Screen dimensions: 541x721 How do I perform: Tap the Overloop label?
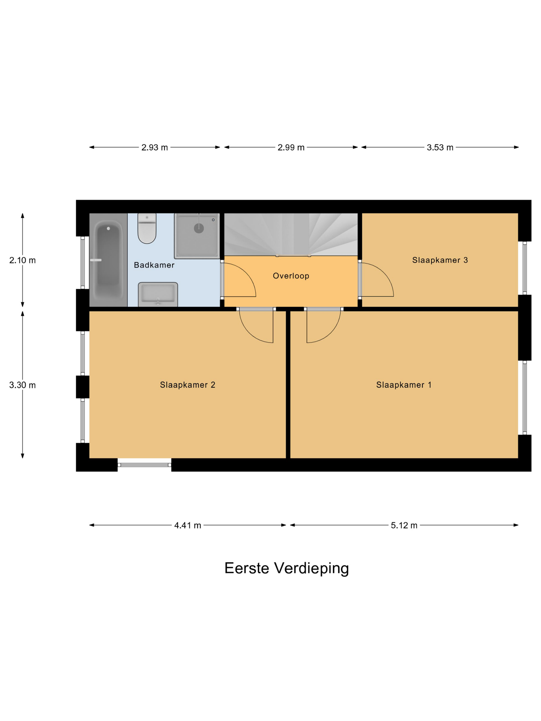click(291, 276)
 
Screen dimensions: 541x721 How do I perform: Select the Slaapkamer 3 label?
click(440, 260)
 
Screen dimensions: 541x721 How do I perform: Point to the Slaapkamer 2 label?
click(188, 385)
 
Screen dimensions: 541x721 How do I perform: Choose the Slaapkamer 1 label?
click(404, 385)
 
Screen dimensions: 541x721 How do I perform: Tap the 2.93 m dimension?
click(155, 148)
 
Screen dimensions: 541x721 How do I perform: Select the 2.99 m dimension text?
click(291, 148)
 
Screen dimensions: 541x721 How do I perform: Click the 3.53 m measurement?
click(440, 148)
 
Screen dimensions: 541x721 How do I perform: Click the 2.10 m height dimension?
click(22, 260)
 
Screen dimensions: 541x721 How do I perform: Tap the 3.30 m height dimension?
click(22, 385)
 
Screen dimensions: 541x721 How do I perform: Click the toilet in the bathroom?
click(147, 228)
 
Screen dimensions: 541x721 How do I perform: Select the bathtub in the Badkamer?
click(108, 260)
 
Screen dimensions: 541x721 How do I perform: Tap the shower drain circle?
click(199, 228)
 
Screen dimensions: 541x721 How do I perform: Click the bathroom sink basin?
click(158, 294)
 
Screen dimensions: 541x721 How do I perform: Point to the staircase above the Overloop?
click(291, 234)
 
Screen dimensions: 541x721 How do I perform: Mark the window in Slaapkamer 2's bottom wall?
click(145, 465)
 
